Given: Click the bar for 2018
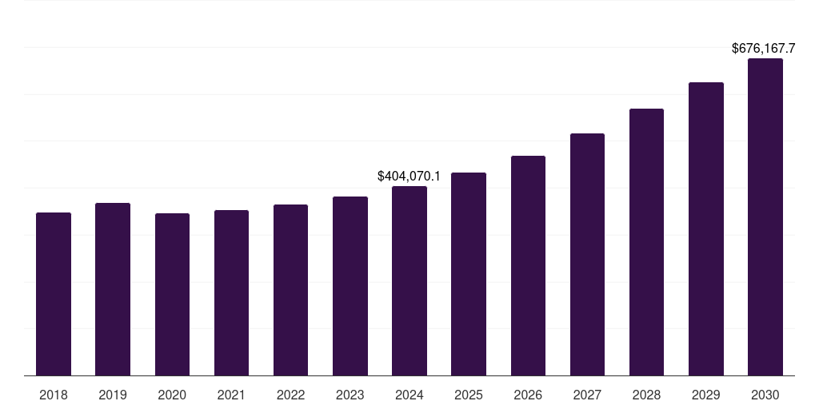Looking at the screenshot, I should point(54,294).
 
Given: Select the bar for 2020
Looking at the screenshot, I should point(172,294).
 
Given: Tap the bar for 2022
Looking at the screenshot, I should point(290,290).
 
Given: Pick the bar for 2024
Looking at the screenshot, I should point(409,280).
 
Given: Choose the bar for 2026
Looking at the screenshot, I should point(528,265).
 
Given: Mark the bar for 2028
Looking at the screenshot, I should point(646,242).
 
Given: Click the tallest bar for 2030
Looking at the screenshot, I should point(765,216).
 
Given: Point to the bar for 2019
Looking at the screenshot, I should point(113,289).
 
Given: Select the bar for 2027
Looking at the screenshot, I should point(587,254).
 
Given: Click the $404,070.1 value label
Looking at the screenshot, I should point(409,176).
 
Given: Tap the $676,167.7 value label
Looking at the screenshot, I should point(769,49).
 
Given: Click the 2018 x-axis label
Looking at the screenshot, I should point(54,395).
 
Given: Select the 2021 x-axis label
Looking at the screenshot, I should point(231,395).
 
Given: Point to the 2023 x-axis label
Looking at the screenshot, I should point(350,395).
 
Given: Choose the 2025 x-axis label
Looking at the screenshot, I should point(469,395).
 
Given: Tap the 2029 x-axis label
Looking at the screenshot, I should point(705,395).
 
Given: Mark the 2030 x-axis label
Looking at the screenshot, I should point(765,395).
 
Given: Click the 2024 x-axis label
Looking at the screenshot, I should point(409,395).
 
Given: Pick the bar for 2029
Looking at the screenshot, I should point(705,228).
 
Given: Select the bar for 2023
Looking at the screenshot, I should point(350,286).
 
